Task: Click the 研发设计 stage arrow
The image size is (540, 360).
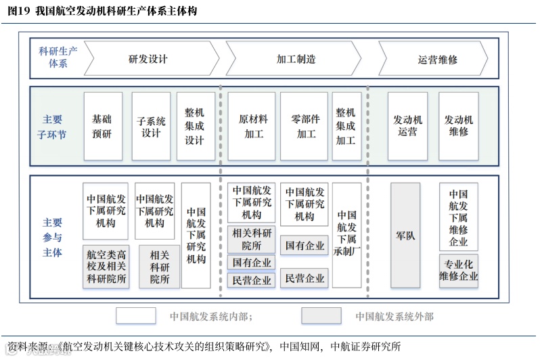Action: tap(149, 59)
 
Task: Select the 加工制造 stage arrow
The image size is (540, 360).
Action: tap(296, 59)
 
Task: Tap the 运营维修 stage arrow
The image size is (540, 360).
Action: tap(437, 59)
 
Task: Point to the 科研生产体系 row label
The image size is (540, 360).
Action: tap(58, 57)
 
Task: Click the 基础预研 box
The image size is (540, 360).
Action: tap(102, 127)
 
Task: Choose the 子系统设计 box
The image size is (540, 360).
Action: tap(151, 127)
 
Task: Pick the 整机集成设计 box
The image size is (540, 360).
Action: tap(195, 127)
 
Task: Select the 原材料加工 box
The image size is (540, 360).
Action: tap(254, 127)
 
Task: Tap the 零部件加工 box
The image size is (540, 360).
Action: tap(304, 127)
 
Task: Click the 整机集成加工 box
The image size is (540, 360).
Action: tap(346, 127)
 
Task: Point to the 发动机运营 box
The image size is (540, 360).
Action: tap(408, 127)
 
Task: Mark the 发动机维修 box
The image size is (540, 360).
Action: tap(458, 127)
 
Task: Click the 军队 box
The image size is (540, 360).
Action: tap(405, 236)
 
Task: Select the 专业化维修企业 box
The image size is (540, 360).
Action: tap(459, 270)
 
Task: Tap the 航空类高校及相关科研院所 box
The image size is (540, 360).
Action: tap(106, 267)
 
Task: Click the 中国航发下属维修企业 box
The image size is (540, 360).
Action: tap(458, 217)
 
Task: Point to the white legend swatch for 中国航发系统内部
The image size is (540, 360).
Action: tap(136, 315)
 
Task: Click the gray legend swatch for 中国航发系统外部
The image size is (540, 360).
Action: tap(321, 315)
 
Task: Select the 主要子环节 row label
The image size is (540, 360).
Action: tap(52, 127)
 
